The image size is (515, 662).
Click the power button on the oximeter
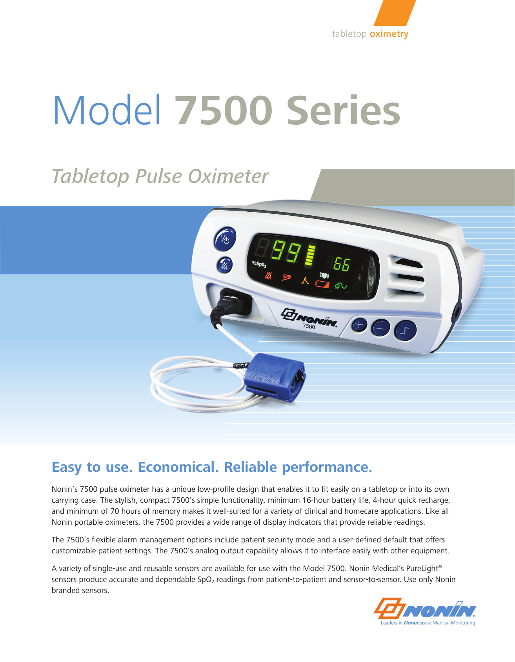[x=225, y=239]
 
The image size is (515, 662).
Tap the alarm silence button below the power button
[x=225, y=266]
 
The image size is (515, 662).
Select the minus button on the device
[x=380, y=328]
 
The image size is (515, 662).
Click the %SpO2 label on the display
[x=259, y=263]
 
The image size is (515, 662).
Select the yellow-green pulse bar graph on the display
[x=311, y=255]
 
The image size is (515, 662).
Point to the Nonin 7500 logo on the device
[x=309, y=318]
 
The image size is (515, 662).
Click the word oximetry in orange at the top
[x=389, y=34]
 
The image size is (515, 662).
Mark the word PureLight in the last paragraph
[x=424, y=568]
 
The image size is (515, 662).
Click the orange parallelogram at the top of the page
[x=395, y=13]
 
